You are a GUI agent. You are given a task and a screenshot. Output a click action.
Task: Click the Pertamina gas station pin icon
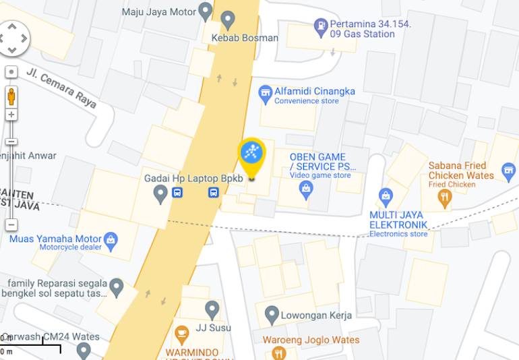pos(321,28)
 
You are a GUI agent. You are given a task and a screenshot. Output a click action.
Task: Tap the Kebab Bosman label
pos(244,38)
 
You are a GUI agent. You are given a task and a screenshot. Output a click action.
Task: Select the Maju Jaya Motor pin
pos(206,11)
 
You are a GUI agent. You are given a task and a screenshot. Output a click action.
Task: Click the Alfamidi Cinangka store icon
pos(266,92)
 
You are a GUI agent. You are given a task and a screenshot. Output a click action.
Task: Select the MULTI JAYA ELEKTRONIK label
pos(398,220)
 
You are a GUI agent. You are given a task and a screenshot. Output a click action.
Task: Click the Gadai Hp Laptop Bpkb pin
pos(160,194)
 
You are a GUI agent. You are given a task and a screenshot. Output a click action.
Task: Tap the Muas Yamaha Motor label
pos(55,239)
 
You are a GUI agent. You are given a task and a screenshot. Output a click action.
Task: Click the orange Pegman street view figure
pos(11,96)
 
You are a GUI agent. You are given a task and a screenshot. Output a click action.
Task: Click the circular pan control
pos(13,38)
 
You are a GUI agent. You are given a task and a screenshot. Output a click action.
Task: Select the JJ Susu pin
pos(212,310)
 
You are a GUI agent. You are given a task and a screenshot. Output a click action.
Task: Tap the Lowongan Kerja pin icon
pos(272,314)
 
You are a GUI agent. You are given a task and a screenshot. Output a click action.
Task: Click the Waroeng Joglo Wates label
pos(311,340)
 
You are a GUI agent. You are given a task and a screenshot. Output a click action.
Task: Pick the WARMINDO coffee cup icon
pos(181,334)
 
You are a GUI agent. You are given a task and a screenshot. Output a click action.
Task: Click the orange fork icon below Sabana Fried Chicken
pos(444,198)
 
